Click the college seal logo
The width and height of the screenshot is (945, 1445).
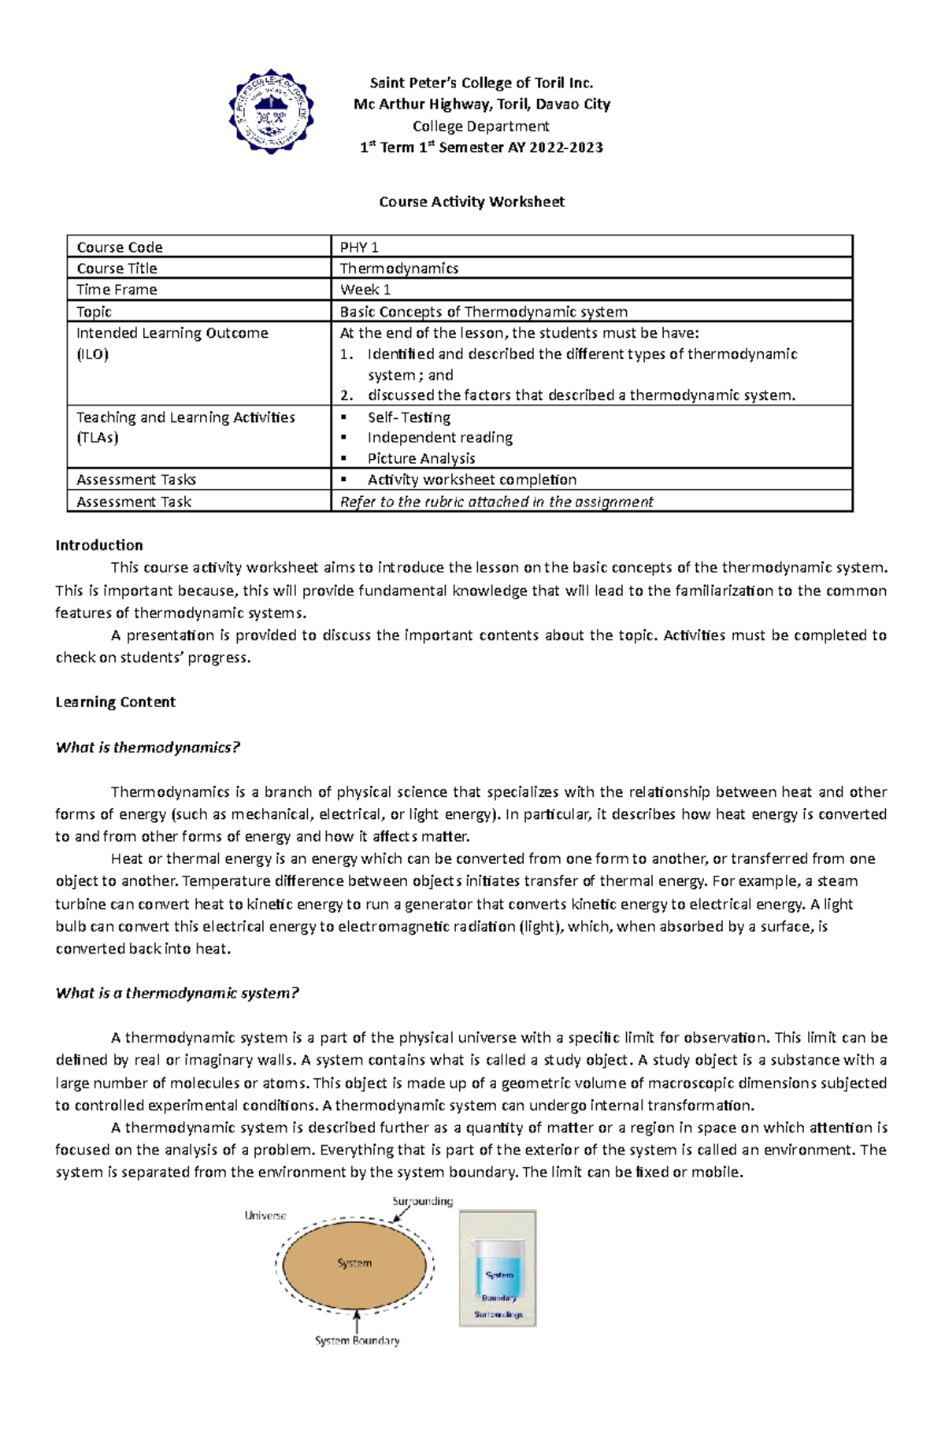271,112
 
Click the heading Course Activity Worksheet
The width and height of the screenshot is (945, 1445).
472,202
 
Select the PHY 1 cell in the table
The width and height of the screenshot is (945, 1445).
359,247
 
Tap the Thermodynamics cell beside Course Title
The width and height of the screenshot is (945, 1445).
398,269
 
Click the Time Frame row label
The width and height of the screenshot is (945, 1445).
117,290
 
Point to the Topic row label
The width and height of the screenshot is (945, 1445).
94,312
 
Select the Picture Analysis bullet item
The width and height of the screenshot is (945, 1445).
421,458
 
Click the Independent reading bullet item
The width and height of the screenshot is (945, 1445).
439,437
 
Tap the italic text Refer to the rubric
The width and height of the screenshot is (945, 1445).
496,502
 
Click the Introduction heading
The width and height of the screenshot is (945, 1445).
99,545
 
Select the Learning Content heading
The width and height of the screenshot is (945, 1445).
116,702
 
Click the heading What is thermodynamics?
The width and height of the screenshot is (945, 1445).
147,747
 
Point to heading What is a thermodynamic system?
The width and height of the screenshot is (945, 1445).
177,993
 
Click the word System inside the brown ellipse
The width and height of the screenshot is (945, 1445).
354,1263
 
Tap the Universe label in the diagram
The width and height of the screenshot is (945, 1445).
265,1216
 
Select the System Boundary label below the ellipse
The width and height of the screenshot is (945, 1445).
357,1340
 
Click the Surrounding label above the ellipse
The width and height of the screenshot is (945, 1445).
423,1202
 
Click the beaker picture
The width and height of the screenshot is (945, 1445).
498,1269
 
